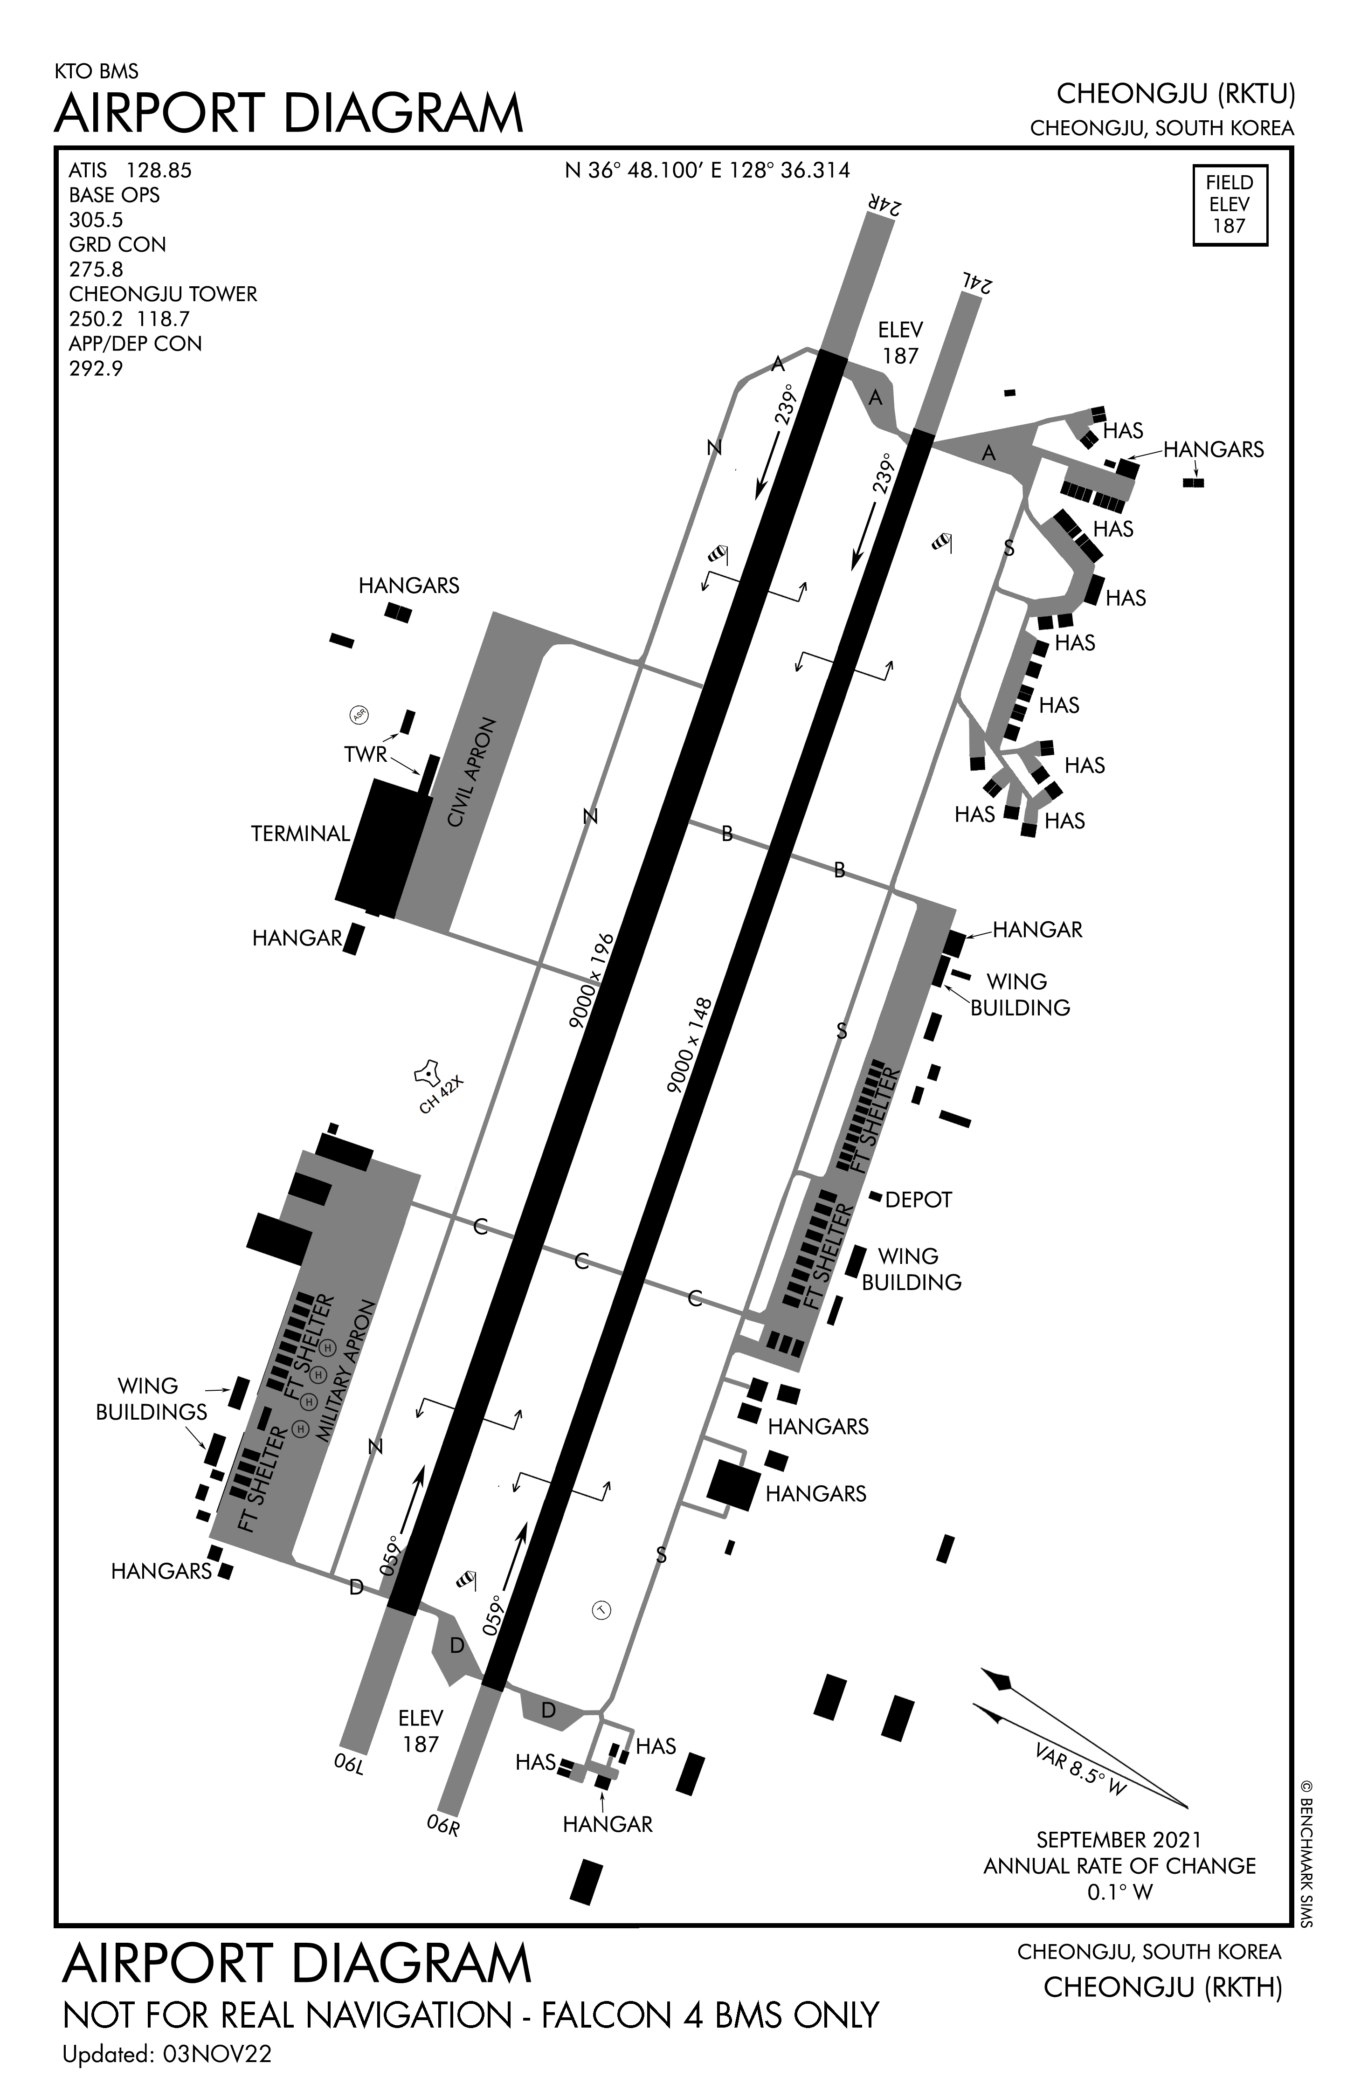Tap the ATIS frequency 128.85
click(158, 170)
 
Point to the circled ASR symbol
click(359, 715)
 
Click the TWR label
click(365, 754)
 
